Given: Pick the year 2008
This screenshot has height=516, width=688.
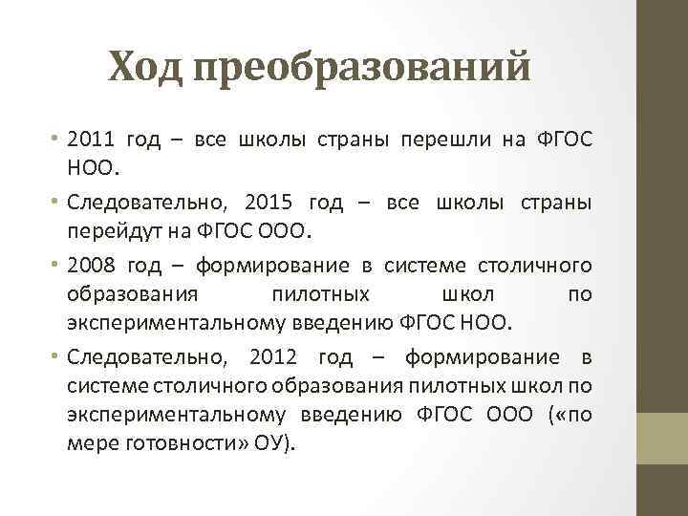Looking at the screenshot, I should [x=94, y=264].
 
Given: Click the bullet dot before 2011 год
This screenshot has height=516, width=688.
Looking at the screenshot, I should [x=57, y=140].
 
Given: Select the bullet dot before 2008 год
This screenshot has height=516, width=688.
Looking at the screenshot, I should [x=57, y=264].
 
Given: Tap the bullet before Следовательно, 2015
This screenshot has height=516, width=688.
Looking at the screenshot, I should [x=57, y=202].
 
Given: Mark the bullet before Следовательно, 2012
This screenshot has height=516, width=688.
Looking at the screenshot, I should [x=57, y=357].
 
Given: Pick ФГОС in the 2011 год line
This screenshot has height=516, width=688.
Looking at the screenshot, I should [x=567, y=140].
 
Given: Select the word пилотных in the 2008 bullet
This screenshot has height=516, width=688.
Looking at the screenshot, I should [x=320, y=294].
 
